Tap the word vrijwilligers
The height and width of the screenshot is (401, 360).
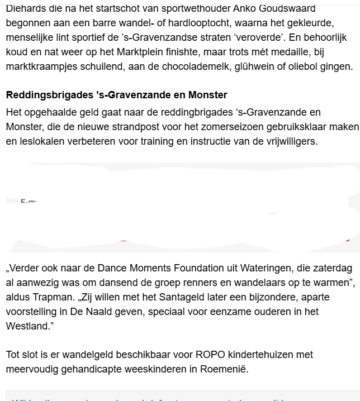289,141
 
